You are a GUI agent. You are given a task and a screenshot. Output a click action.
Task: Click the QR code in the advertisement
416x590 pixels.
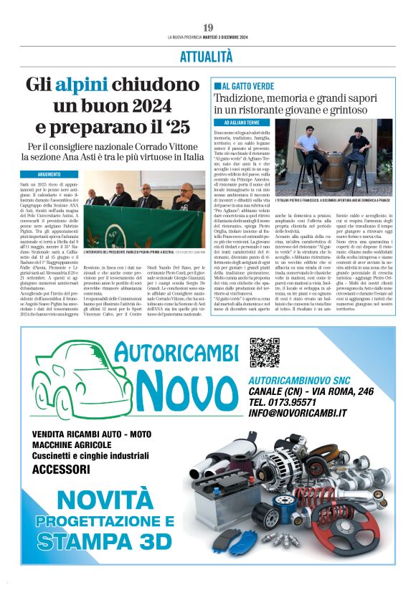(264, 352)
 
